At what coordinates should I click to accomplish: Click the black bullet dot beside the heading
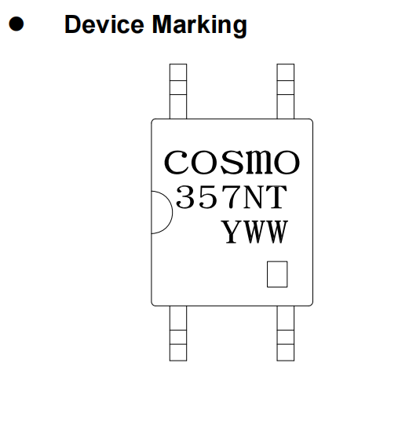tap(16, 24)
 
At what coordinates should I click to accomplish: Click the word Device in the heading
tap(104, 24)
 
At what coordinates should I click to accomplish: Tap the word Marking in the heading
tap(199, 25)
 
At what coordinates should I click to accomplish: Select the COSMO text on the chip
tap(232, 162)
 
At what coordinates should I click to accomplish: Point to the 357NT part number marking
tap(232, 197)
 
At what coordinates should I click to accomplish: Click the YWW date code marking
tap(254, 232)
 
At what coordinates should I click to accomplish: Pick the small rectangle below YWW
tap(277, 274)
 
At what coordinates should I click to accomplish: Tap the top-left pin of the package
tap(178, 91)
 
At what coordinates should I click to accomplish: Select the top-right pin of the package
tap(286, 91)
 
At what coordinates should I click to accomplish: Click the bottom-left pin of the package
tap(178, 333)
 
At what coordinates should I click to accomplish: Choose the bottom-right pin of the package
tap(286, 333)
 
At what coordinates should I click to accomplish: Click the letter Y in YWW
tap(232, 232)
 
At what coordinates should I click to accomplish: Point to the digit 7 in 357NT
tap(230, 197)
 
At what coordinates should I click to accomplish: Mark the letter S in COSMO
tap(233, 162)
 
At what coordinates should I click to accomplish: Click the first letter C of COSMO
tap(176, 162)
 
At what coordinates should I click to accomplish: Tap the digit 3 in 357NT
tap(185, 197)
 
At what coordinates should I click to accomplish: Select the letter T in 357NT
tap(277, 197)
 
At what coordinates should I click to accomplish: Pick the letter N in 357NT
tap(254, 197)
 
